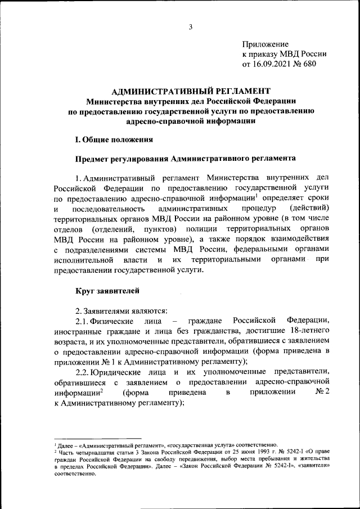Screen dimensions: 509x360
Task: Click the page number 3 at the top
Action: [x=191, y=26]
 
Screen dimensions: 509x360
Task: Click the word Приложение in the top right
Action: [x=265, y=44]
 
